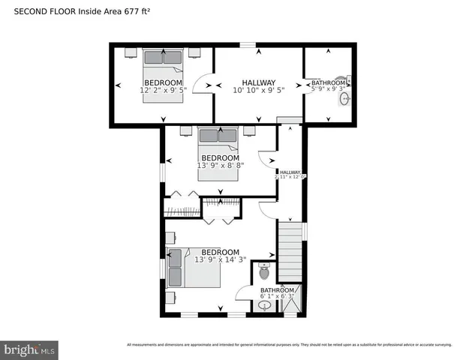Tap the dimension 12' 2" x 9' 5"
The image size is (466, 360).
(x=163, y=91)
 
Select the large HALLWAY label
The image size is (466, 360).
(x=258, y=82)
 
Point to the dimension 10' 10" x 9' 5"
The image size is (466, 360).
(x=258, y=91)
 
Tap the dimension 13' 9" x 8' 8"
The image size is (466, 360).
(x=219, y=165)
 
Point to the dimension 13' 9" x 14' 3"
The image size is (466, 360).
(x=216, y=259)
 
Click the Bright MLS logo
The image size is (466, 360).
(x=30, y=349)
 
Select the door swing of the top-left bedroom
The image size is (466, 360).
(x=201, y=84)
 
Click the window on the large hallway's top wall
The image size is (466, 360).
(x=248, y=46)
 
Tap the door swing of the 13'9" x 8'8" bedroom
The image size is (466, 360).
(x=266, y=160)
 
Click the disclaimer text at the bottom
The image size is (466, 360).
(x=289, y=345)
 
